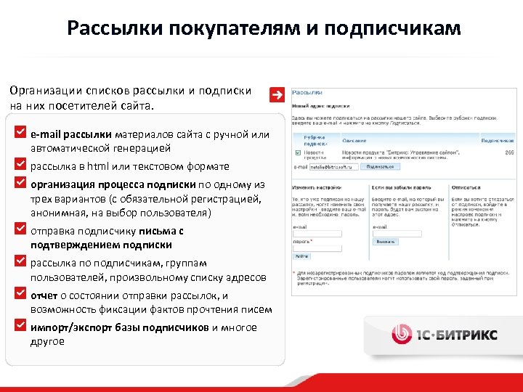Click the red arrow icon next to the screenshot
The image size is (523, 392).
coord(276,95)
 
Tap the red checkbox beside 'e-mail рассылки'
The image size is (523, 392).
coord(20,134)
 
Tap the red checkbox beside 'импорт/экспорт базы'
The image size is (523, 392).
coord(20,324)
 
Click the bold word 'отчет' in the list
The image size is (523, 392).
coord(44,295)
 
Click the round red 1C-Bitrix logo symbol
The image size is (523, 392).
coord(402,333)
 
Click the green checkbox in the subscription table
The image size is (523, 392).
coord(299,153)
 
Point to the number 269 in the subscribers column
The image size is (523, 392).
coord(509,152)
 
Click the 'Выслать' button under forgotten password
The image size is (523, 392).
coord(385,242)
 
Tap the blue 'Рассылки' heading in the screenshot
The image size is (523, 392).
coord(307,93)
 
